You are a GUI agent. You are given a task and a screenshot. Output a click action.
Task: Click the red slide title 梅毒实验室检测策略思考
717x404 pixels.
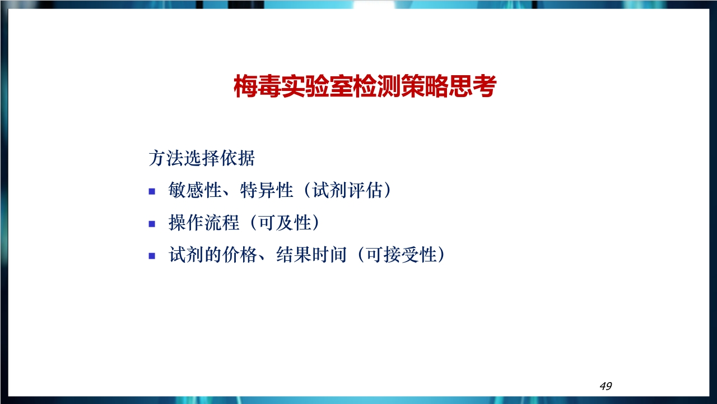tap(365, 86)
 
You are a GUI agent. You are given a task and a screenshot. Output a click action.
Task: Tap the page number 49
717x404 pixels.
tap(606, 386)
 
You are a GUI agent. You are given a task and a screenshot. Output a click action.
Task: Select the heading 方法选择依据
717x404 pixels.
tap(202, 158)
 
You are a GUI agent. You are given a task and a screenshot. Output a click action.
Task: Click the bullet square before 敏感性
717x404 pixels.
tap(152, 191)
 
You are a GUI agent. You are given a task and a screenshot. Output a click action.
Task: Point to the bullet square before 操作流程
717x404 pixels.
tap(152, 224)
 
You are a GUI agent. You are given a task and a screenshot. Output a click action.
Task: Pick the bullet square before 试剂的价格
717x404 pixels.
tap(152, 256)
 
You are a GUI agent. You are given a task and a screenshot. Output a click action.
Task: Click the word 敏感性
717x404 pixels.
tap(195, 190)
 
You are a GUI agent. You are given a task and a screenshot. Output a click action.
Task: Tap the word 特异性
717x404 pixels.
tap(266, 190)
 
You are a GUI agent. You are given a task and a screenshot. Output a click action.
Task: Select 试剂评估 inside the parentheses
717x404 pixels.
tap(347, 190)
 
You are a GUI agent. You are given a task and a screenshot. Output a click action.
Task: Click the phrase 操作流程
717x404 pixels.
tap(204, 223)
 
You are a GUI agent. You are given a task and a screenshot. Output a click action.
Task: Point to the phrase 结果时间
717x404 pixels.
tap(311, 255)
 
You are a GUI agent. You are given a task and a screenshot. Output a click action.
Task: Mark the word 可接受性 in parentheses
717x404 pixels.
tap(402, 255)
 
